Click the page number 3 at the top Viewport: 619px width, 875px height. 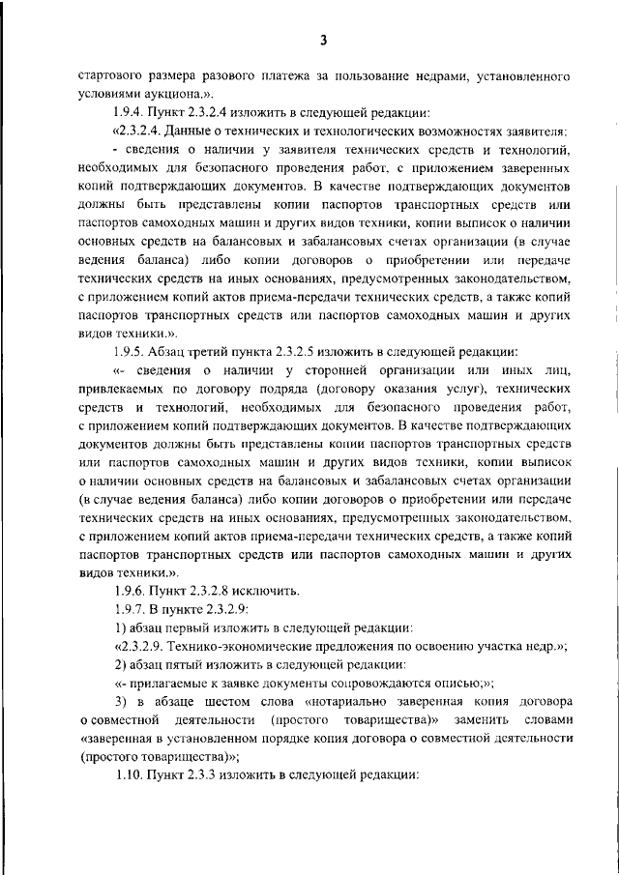coord(325,40)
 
